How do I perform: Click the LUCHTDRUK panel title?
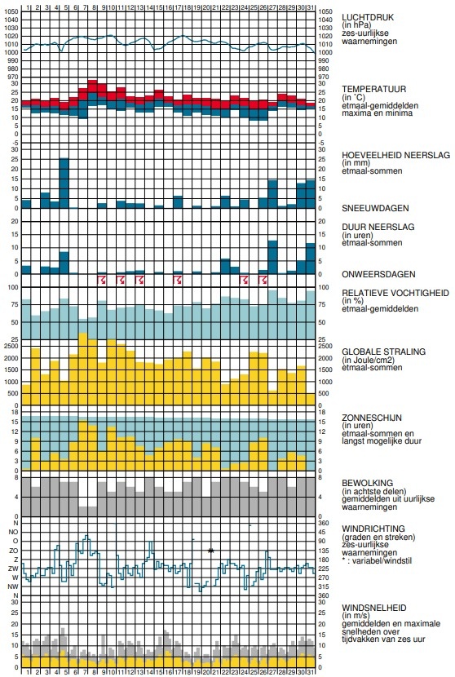tap(368, 17)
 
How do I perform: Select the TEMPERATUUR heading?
tap(373, 90)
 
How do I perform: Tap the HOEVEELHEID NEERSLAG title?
tap(395, 155)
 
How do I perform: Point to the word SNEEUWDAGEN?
tap(375, 208)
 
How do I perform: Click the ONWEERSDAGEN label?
tap(378, 274)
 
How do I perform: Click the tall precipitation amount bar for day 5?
tap(64, 183)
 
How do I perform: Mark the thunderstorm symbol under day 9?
tap(102, 281)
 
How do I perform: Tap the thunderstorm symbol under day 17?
tap(178, 281)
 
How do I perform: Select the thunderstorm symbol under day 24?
tap(244, 281)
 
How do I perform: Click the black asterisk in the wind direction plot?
tap(210, 551)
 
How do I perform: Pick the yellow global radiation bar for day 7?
tap(83, 369)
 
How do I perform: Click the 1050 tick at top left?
tap(11, 11)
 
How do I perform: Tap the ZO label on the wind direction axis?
tap(13, 551)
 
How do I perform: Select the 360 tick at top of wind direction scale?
tap(324, 523)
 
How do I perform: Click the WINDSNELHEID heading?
tap(373, 608)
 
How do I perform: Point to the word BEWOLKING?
tap(368, 483)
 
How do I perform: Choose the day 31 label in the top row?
tap(310, 7)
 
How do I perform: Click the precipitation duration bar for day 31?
tap(311, 259)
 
